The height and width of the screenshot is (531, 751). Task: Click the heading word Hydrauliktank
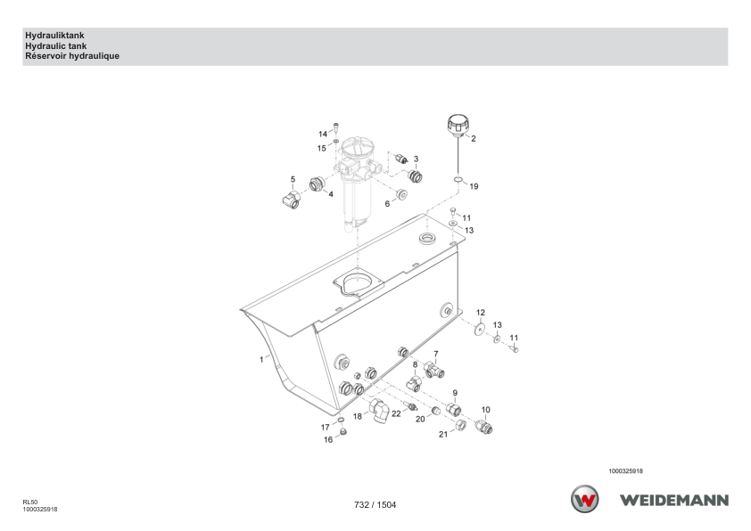54,36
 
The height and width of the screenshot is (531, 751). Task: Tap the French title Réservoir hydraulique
72,56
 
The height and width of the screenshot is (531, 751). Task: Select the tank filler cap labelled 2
458,125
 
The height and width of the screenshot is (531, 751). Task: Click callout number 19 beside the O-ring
474,186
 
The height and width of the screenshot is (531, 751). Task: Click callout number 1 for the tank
261,359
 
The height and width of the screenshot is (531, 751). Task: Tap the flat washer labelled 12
479,329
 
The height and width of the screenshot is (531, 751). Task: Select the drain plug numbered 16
342,432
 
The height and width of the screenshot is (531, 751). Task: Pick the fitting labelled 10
483,426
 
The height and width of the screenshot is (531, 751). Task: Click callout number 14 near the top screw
323,135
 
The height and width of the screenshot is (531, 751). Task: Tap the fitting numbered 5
291,199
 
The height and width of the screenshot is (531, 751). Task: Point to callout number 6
387,204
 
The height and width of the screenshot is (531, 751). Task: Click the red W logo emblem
585,499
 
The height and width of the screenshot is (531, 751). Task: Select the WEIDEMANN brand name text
674,501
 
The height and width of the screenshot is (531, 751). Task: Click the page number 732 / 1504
375,504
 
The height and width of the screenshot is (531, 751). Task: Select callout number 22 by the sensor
396,413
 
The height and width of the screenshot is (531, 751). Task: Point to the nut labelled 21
460,425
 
